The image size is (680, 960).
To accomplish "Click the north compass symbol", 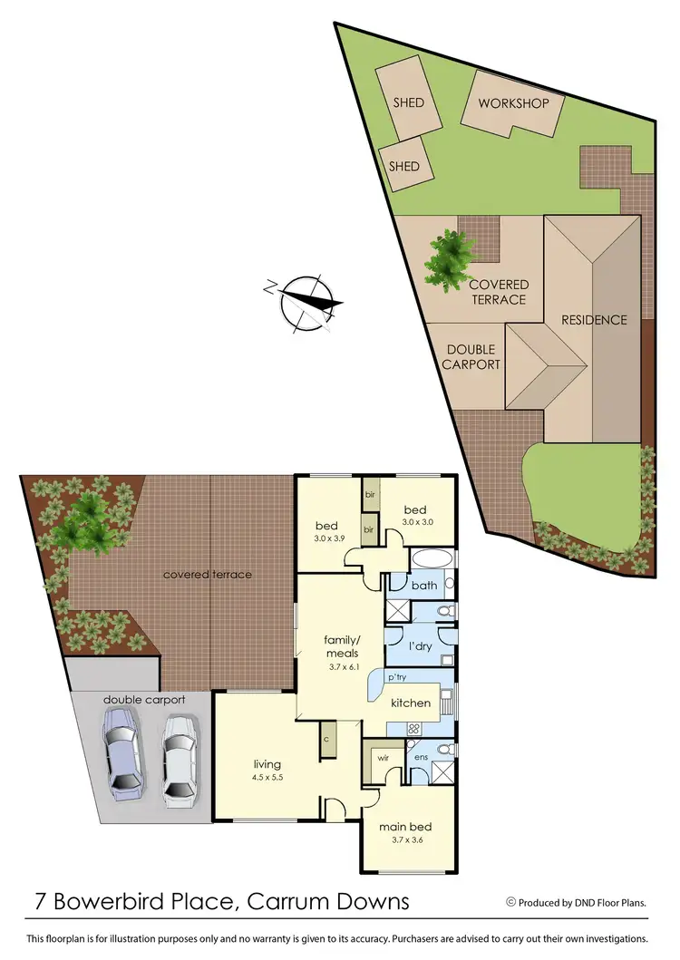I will pyautogui.click(x=308, y=301).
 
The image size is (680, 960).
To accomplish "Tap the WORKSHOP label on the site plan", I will pyautogui.click(x=514, y=103).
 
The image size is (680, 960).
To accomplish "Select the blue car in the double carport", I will pyautogui.click(x=122, y=748).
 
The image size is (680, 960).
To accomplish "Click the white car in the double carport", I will pyautogui.click(x=179, y=759).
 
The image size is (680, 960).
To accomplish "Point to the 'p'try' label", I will pyautogui.click(x=395, y=678).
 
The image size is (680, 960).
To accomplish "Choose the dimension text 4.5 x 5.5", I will pyautogui.click(x=267, y=778).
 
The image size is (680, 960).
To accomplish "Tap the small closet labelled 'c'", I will pyautogui.click(x=326, y=739).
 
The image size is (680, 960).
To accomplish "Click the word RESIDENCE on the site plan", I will pyautogui.click(x=594, y=319).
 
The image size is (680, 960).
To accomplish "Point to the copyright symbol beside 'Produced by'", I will pyautogui.click(x=510, y=902).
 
